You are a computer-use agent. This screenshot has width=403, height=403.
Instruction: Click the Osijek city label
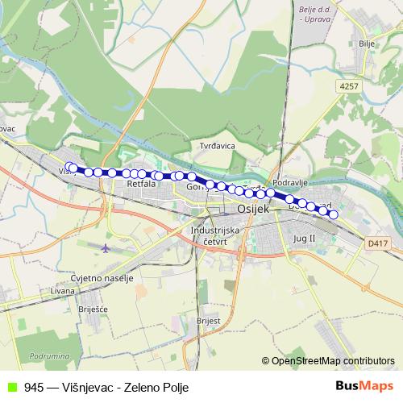tap(254, 208)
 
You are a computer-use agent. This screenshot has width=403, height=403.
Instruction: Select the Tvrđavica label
tap(217, 146)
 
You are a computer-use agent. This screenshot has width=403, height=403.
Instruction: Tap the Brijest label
tap(208, 320)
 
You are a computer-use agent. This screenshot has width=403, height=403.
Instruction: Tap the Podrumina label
tap(48, 355)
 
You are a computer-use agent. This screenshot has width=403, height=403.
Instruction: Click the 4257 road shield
tap(348, 85)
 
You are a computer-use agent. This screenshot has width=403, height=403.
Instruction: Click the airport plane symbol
tap(106, 248)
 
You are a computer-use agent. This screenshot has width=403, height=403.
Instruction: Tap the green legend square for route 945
tap(10, 387)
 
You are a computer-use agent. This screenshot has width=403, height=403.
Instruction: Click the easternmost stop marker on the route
tap(333, 214)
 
